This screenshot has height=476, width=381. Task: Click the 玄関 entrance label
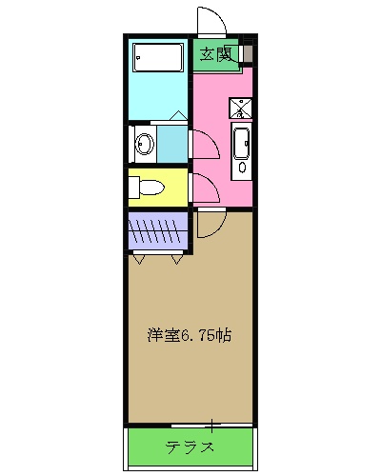pos(216,53)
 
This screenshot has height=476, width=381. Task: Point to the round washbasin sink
pos(144,146)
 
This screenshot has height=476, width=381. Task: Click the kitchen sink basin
pos(242,143)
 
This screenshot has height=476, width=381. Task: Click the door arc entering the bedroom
pos(211,225)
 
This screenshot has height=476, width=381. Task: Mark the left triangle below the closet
pos(141,257)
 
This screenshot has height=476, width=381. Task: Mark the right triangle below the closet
pos(178,257)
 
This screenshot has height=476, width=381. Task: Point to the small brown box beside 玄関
pos(247,53)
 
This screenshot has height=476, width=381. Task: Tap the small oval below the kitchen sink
pos(242,167)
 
